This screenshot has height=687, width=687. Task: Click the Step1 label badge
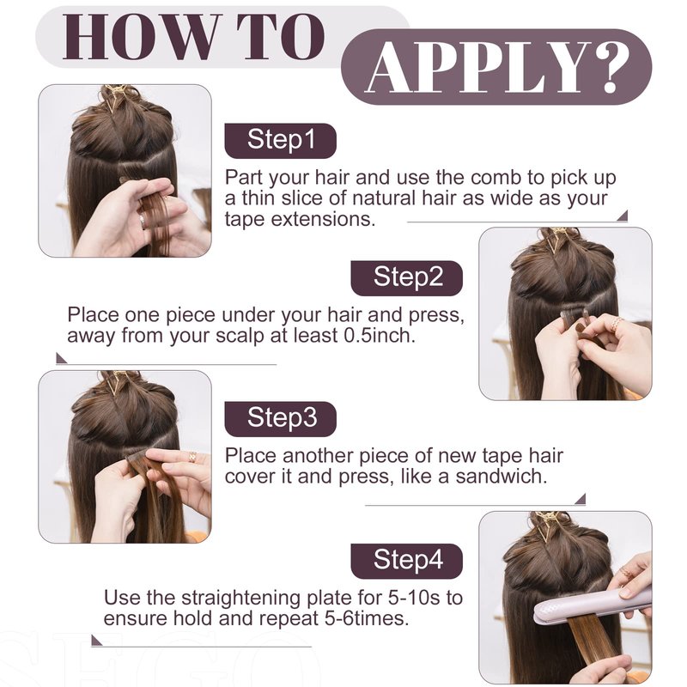(x=281, y=141)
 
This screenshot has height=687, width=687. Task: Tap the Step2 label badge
(x=406, y=278)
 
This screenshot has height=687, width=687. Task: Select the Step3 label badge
(x=281, y=419)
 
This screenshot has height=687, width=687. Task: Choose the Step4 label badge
(x=406, y=562)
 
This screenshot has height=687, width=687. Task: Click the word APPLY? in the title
(x=497, y=67)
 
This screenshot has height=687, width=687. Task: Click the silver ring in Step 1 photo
(x=143, y=221)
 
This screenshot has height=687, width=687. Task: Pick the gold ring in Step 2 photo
(x=617, y=324)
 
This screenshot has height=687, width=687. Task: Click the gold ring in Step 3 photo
(x=192, y=456)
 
